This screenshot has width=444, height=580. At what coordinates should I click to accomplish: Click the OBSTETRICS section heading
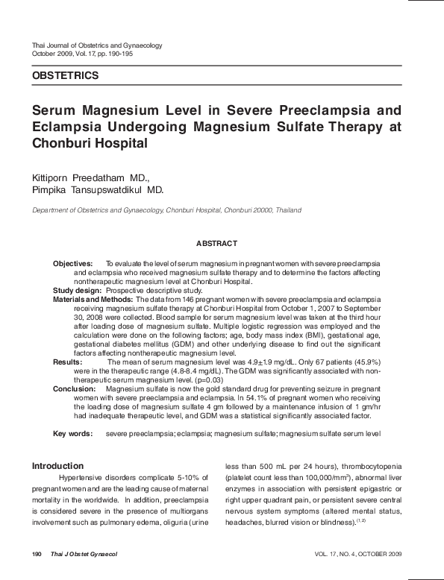coord(65,75)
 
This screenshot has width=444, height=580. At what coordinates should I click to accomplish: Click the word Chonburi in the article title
coord(63,142)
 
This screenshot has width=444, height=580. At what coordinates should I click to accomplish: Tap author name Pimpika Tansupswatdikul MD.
coord(98,190)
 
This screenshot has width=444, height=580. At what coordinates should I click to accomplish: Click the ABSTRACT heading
coord(216,244)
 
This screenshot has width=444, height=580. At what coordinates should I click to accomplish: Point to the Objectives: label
coord(72,264)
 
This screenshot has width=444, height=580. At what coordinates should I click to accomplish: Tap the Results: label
coord(67,361)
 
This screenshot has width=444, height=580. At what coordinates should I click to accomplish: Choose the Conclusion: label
coord(74,389)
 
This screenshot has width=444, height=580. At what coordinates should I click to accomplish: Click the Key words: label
coord(72,433)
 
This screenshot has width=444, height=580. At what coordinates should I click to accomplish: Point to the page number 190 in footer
coord(37,555)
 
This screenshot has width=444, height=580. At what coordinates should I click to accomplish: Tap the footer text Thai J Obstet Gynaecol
coord(84,555)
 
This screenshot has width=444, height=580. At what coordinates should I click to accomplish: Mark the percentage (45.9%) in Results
coord(363,361)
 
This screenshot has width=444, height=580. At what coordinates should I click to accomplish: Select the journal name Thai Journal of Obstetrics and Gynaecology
coord(97,45)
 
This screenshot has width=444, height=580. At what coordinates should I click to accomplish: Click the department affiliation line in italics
coord(166,211)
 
